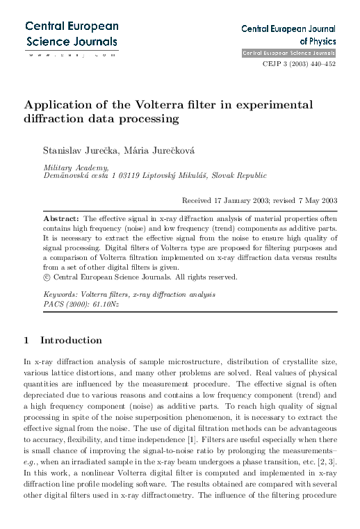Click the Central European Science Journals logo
pyautogui.click(x=72, y=33)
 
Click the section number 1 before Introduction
pyautogui.click(x=26, y=341)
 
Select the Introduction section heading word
pyautogui.click(x=72, y=341)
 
